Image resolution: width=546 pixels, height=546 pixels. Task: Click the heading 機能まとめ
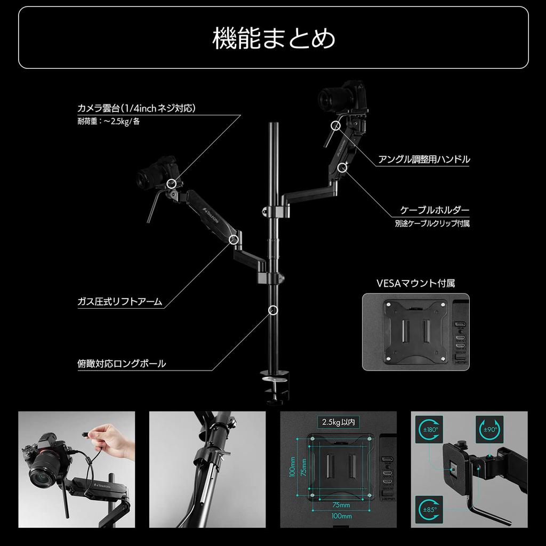(x=273, y=38)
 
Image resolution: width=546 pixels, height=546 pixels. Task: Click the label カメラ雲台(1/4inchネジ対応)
(x=136, y=108)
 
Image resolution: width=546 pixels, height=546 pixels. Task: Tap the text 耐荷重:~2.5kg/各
(x=109, y=121)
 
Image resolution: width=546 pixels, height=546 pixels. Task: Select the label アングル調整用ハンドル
(x=424, y=159)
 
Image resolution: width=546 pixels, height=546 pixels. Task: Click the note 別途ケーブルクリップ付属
(x=432, y=224)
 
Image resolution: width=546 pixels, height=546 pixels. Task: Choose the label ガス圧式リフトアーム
(x=119, y=302)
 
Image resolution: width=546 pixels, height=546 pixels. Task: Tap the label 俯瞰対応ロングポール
(x=122, y=364)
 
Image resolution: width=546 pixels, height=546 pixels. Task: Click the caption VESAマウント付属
(x=415, y=283)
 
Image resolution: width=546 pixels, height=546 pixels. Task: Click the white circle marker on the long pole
(x=274, y=309)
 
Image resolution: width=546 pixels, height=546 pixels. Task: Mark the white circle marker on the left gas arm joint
(x=233, y=239)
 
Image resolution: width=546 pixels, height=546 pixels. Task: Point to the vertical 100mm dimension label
(x=293, y=466)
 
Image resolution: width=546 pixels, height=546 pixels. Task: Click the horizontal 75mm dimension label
(x=341, y=505)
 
